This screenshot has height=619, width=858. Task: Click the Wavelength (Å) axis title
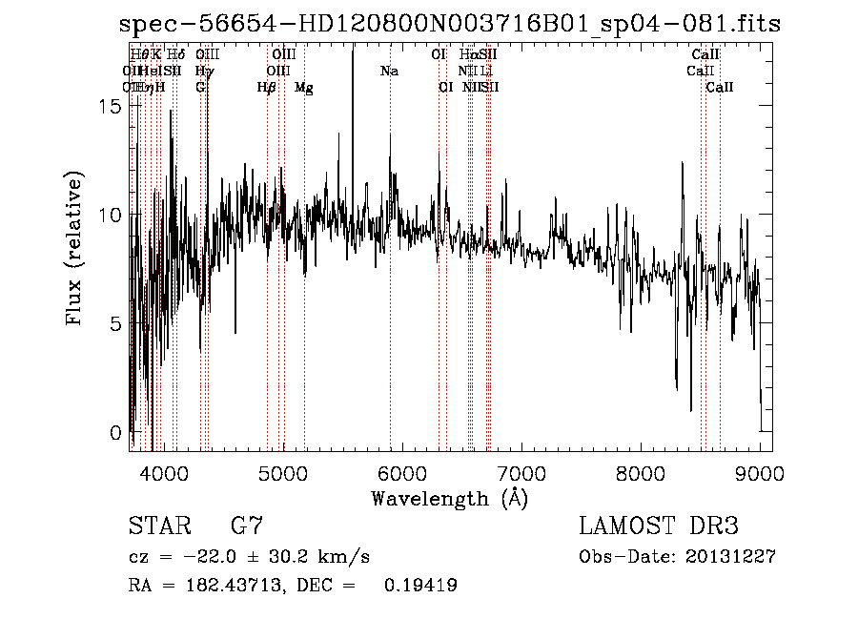click(449, 498)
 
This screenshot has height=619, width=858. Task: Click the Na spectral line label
click(389, 72)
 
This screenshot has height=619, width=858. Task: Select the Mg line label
click(303, 88)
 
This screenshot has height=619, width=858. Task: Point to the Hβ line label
click(266, 88)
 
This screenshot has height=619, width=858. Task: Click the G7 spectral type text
click(247, 526)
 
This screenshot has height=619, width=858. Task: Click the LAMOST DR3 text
click(659, 526)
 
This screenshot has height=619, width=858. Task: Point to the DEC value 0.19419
click(419, 586)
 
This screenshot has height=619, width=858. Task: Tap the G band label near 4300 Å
click(200, 88)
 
